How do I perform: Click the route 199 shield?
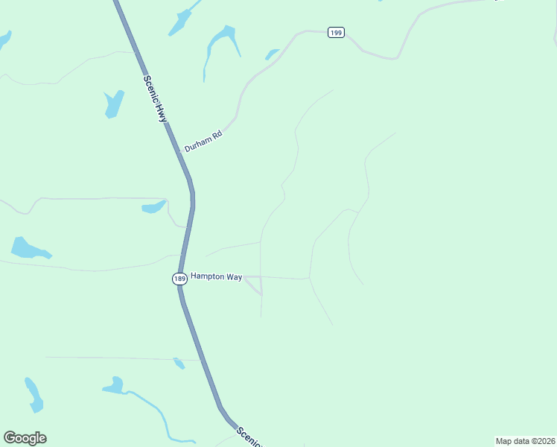pos(336,33)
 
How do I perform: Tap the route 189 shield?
pos(179,279)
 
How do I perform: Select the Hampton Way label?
pos(217,276)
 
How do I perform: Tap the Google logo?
pos(25,438)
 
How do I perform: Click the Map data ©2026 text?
pos(525,441)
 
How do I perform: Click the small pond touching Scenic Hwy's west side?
pos(179,364)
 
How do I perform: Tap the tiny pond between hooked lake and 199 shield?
pos(272,54)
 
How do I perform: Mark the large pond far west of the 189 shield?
pos(28,248)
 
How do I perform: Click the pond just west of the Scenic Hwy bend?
pos(154,206)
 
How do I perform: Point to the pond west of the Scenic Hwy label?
pos(114,104)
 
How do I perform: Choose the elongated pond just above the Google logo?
pos(34,394)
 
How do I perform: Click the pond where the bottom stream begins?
pos(113,385)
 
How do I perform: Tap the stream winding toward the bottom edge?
pos(161,413)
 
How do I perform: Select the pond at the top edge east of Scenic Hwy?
pos(182,21)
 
